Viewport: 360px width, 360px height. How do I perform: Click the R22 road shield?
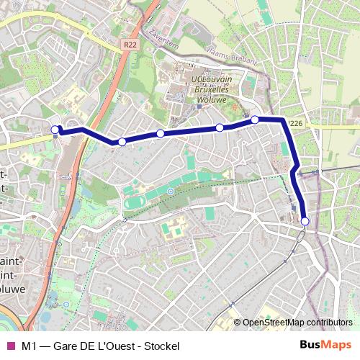[x=129, y=45]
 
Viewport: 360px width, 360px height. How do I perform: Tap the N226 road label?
[x=294, y=124]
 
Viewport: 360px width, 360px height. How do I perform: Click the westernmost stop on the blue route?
[x=56, y=130]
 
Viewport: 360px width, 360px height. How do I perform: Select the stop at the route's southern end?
[x=305, y=221]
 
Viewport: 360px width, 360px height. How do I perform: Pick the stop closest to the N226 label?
[x=255, y=120]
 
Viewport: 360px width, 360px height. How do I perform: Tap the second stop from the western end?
[x=122, y=142]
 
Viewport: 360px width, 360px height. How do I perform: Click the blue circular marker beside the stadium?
[x=170, y=191]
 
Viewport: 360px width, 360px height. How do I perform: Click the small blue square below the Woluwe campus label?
[x=199, y=107]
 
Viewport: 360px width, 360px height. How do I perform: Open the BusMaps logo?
[x=325, y=345]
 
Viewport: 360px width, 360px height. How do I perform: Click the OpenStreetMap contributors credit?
[x=297, y=323]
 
